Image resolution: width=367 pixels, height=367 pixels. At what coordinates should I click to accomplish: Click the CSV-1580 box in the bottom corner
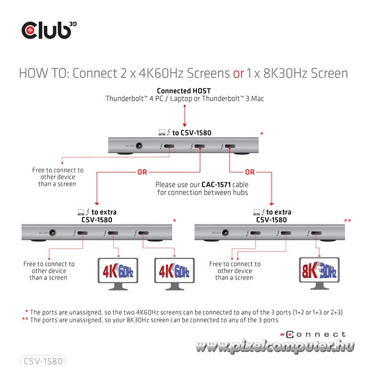coord(42,361)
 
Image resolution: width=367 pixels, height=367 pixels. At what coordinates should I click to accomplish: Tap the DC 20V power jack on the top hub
coord(139,146)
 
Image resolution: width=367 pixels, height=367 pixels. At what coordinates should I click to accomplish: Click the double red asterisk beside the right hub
coord(347,220)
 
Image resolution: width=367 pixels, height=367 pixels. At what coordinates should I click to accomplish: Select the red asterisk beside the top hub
coord(262,133)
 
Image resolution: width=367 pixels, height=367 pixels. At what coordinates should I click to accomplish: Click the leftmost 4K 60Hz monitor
coord(117,271)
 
